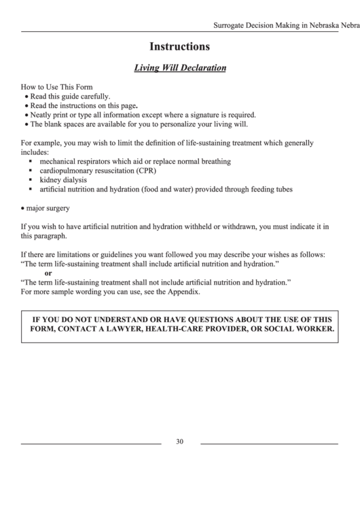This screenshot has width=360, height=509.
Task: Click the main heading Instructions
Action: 179,48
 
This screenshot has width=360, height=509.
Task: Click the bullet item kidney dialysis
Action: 62,181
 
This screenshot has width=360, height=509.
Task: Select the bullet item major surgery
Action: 48,208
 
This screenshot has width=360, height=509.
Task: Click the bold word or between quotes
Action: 48,273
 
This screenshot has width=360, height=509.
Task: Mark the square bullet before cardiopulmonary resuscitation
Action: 31,171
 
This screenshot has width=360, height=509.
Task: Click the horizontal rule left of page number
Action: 91,443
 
